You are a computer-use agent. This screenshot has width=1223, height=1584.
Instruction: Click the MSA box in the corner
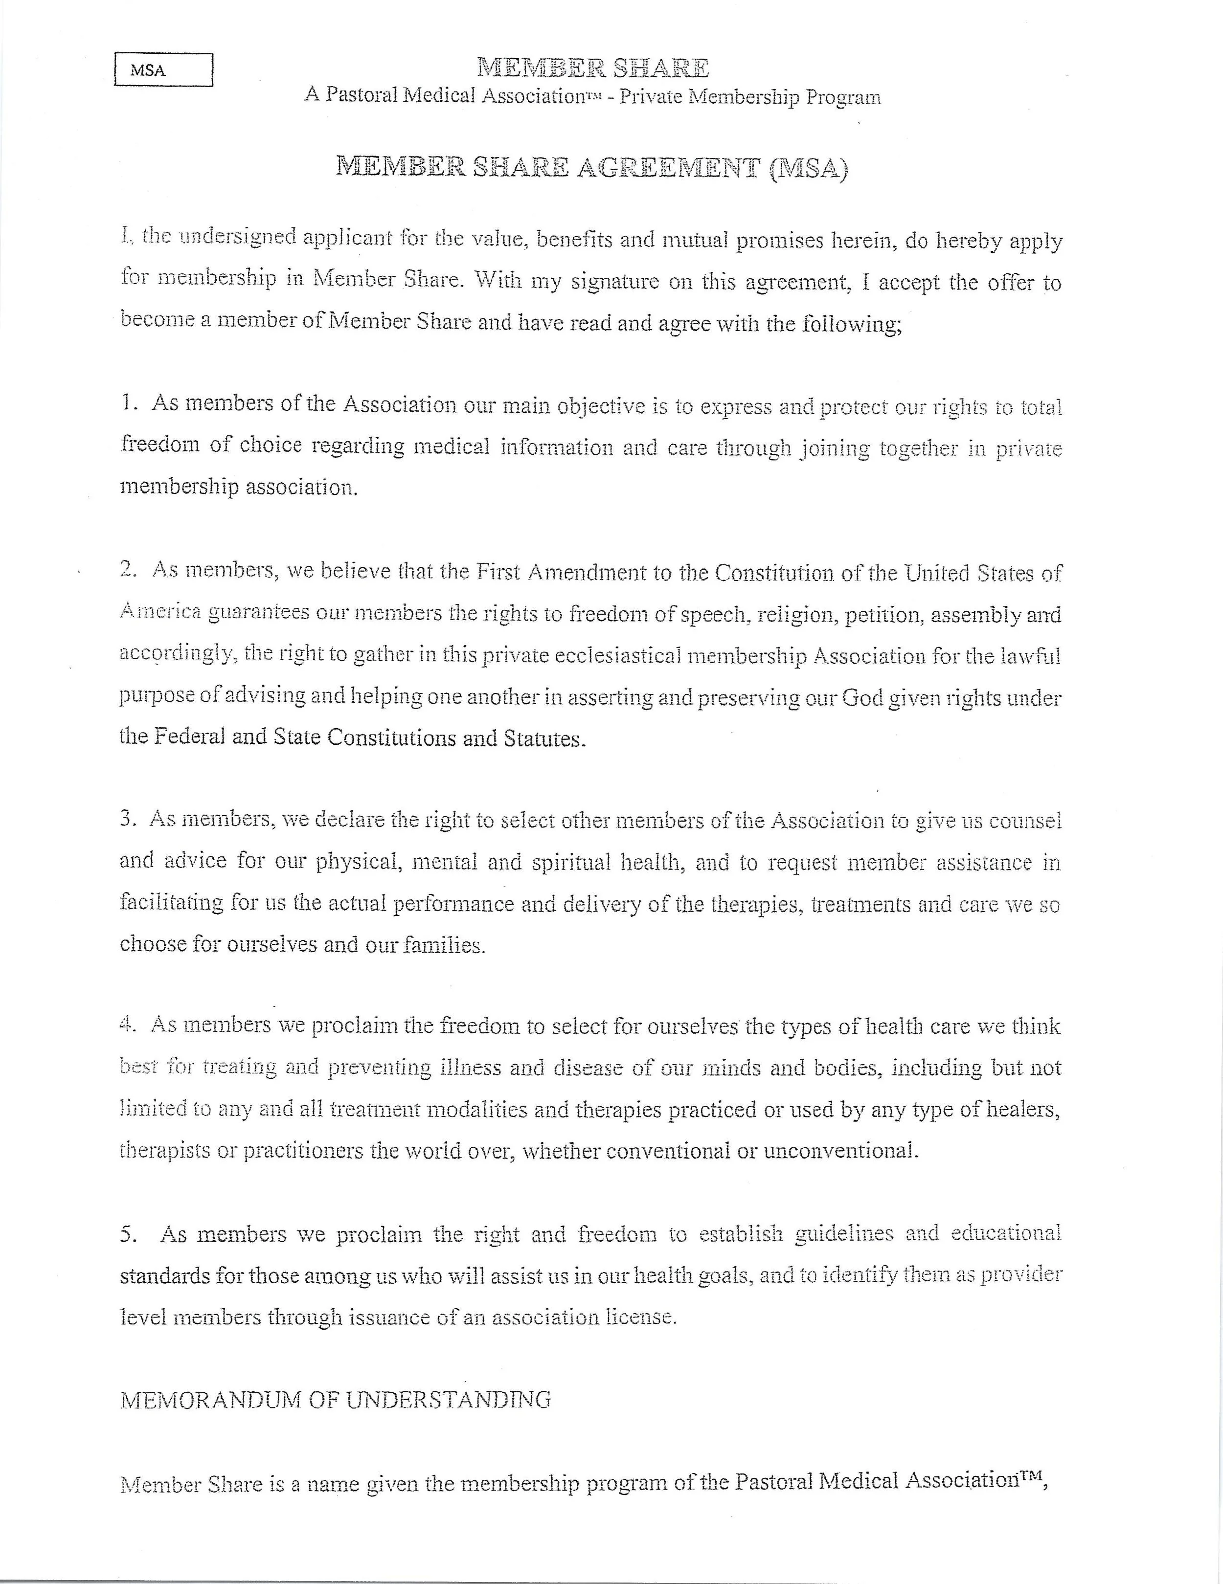click(163, 70)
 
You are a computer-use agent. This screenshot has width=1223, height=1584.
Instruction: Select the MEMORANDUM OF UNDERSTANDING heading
click(335, 1400)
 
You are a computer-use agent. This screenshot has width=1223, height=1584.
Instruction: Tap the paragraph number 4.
click(128, 1025)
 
